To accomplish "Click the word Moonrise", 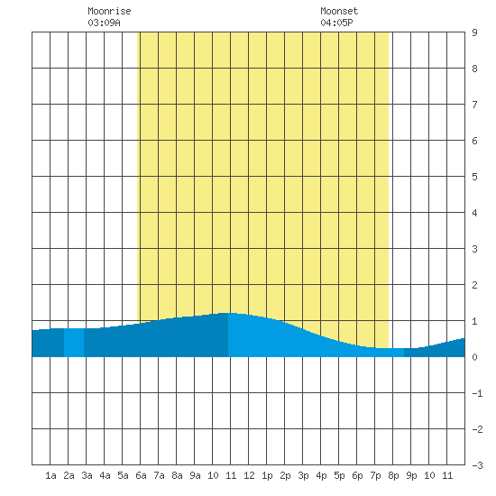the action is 109,11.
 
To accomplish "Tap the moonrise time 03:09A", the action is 104,23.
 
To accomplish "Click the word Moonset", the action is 339,11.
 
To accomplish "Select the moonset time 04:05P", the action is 336,23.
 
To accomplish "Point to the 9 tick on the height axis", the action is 474,32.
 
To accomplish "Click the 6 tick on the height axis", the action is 474,141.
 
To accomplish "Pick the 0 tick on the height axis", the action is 474,357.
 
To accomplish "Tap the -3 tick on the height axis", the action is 477,465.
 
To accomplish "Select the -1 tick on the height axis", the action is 477,393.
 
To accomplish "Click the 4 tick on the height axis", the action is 474,213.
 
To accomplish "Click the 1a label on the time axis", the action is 51,475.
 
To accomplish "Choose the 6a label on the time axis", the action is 141,475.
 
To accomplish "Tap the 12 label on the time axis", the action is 249,475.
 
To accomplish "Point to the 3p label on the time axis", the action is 303,475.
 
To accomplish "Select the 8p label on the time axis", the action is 393,475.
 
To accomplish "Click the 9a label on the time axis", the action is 195,475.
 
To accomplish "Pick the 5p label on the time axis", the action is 339,475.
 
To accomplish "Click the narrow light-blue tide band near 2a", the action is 74,343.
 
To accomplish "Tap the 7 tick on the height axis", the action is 474,105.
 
